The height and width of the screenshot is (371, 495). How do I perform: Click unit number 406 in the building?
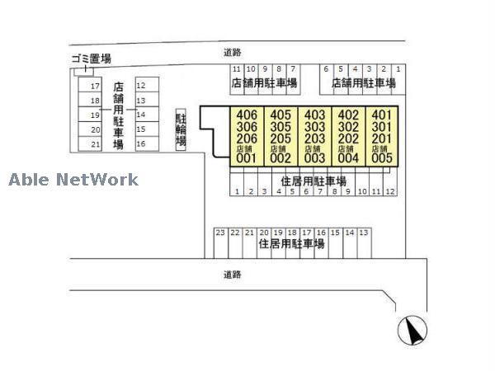[x=247, y=115]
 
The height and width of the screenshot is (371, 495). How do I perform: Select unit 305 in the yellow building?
[x=280, y=126]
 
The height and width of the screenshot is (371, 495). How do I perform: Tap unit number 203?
[x=314, y=138]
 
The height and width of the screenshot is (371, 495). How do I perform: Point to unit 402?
[x=348, y=115]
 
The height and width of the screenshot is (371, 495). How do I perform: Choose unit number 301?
[x=381, y=126]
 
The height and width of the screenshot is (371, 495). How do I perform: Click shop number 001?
[x=247, y=158]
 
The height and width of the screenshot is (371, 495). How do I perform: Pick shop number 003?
[x=314, y=158]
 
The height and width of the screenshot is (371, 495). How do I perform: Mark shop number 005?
[x=381, y=158]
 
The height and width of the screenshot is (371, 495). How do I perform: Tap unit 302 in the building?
[x=348, y=126]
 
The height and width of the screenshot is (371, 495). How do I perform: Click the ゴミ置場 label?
[x=90, y=59]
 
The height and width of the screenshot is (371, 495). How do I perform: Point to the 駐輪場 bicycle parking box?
[x=181, y=129]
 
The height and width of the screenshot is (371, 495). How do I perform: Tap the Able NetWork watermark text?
[x=73, y=180]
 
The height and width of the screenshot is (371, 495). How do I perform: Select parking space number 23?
[x=220, y=233]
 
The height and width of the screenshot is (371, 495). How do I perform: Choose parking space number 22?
[x=235, y=233]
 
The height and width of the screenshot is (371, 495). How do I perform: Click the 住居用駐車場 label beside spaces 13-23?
[x=291, y=245]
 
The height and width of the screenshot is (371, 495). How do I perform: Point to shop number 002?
[x=280, y=158]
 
